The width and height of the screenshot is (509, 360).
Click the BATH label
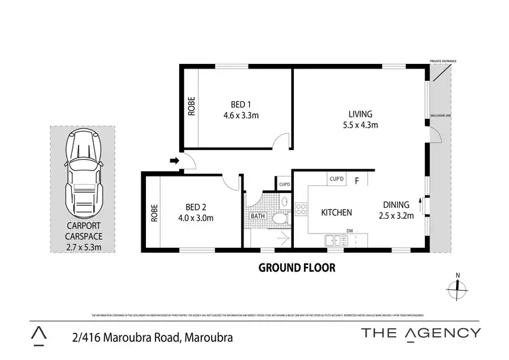[258, 217]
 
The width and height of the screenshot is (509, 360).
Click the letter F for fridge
[356, 180]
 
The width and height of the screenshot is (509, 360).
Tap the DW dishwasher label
[350, 230]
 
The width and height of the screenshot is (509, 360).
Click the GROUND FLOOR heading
[297, 268]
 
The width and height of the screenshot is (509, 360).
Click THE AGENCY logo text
[421, 332]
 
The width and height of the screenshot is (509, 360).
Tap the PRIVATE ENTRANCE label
[442, 61]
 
